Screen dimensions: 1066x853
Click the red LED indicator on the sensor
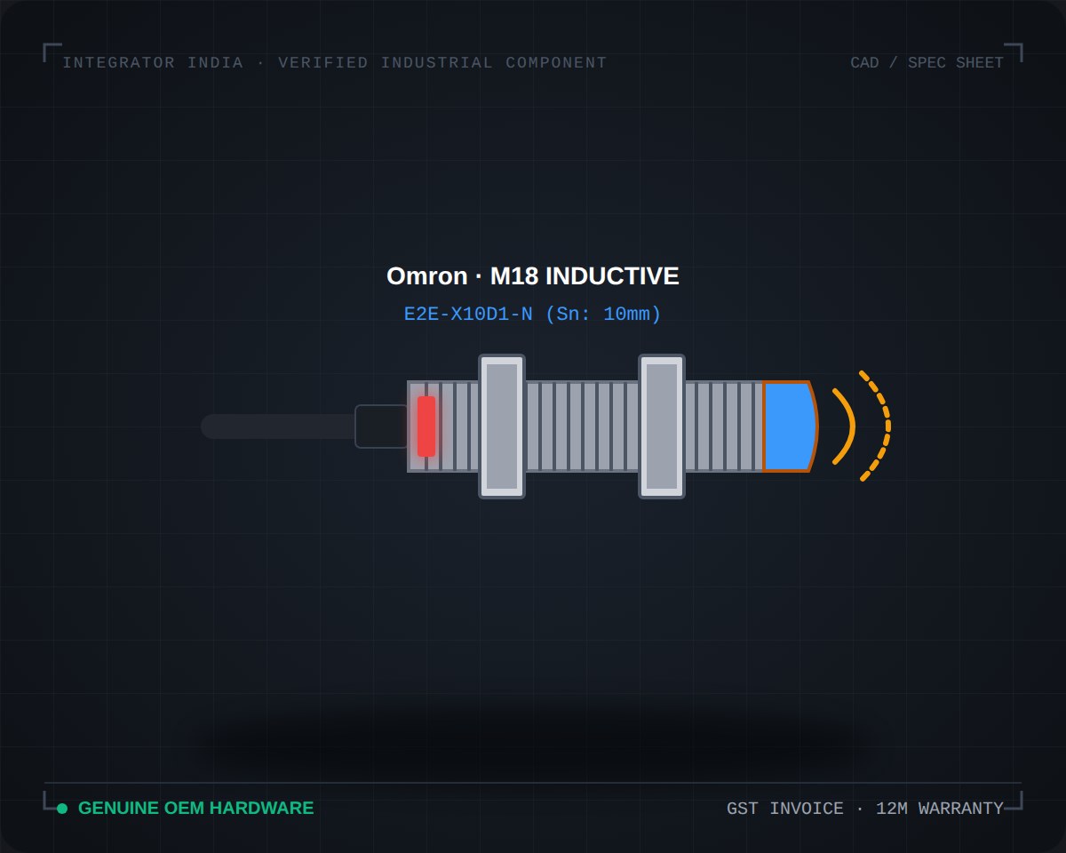point(426,426)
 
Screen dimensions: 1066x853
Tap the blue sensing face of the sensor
point(790,426)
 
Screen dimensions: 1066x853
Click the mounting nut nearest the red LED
point(502,426)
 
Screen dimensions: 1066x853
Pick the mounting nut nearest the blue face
point(662,426)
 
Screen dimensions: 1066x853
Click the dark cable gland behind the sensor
point(381,426)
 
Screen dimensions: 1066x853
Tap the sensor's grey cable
point(278,426)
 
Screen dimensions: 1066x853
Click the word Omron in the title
point(427,276)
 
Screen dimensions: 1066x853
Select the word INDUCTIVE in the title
point(612,276)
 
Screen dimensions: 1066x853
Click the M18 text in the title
point(514,276)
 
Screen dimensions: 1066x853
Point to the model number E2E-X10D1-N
point(468,315)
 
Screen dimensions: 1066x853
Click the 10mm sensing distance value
point(626,315)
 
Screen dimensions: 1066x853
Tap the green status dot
point(62,809)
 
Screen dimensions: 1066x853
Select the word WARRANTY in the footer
point(960,809)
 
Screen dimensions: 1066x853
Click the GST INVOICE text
point(784,809)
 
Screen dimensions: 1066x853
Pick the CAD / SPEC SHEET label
point(927,63)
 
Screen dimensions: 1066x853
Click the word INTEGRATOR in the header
point(119,63)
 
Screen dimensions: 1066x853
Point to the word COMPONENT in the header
point(556,63)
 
